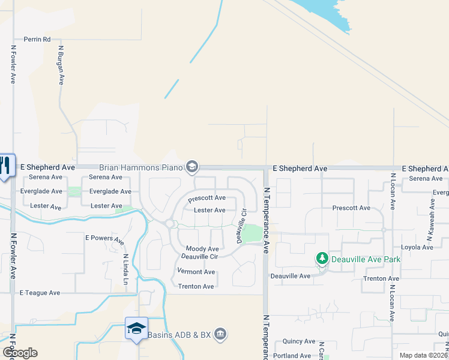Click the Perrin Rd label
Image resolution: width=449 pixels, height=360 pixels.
coord(37,39)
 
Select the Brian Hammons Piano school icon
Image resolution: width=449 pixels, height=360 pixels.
coord(192,166)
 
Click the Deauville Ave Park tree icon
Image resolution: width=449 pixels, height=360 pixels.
coord(322,259)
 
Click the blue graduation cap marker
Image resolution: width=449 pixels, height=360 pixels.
coord(136,328)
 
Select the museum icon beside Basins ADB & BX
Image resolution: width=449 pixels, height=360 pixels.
coord(220,334)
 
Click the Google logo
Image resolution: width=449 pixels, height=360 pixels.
coord(20,353)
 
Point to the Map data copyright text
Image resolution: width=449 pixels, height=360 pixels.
coord(423,355)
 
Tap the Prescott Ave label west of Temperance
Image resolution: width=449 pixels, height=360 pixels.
coord(206,198)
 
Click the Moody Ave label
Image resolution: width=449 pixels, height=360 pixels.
coord(202,248)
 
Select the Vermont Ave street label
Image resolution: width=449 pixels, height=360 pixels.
coord(196,272)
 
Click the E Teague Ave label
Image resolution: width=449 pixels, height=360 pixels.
coord(40,293)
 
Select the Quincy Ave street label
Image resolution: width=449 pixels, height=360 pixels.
coord(299,341)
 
